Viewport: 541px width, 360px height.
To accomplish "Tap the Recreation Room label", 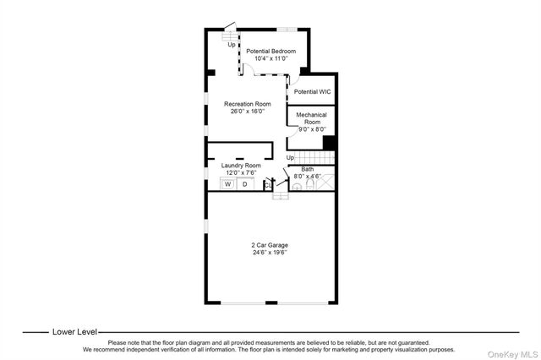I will tap(247, 104).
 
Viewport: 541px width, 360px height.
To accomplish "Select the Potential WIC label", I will tap(311, 91).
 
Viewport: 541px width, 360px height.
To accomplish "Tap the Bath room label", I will tap(308, 169).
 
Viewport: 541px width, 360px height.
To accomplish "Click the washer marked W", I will tap(227, 183).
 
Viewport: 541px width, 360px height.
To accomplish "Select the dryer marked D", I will tap(245, 183).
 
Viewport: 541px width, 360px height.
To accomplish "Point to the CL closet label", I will tap(266, 184).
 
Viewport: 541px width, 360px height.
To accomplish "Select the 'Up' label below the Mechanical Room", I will tap(290, 157).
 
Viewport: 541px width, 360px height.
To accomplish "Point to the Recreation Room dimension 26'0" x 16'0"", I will tap(247, 111).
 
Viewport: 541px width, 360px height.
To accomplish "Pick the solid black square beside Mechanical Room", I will tap(331, 143).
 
